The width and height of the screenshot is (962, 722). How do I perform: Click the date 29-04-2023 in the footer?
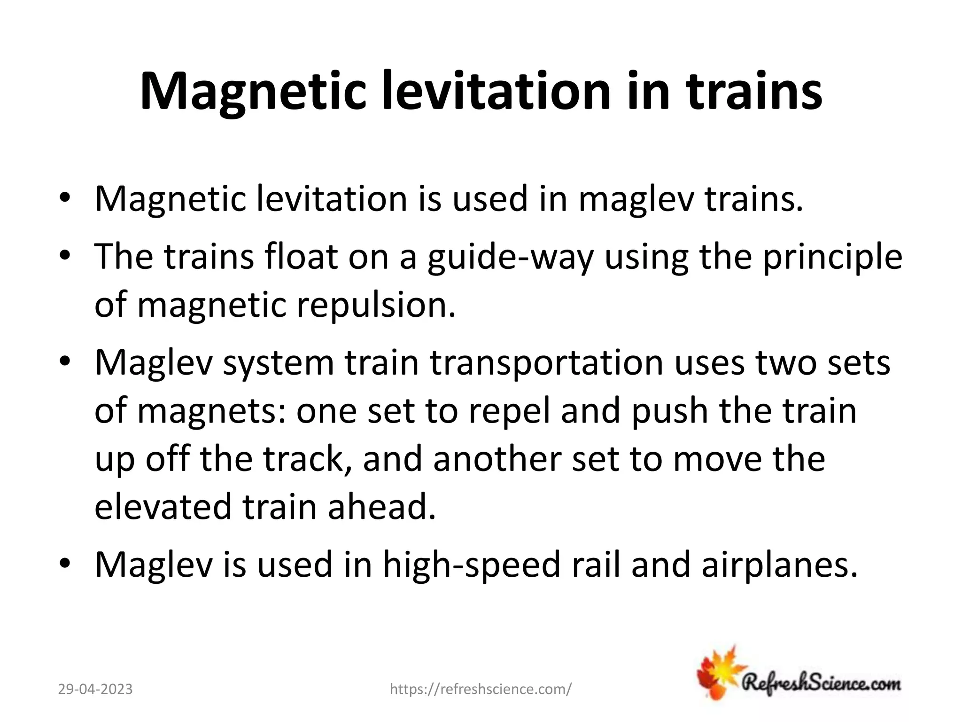[95, 689]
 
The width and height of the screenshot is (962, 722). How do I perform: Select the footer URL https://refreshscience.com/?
[481, 689]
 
